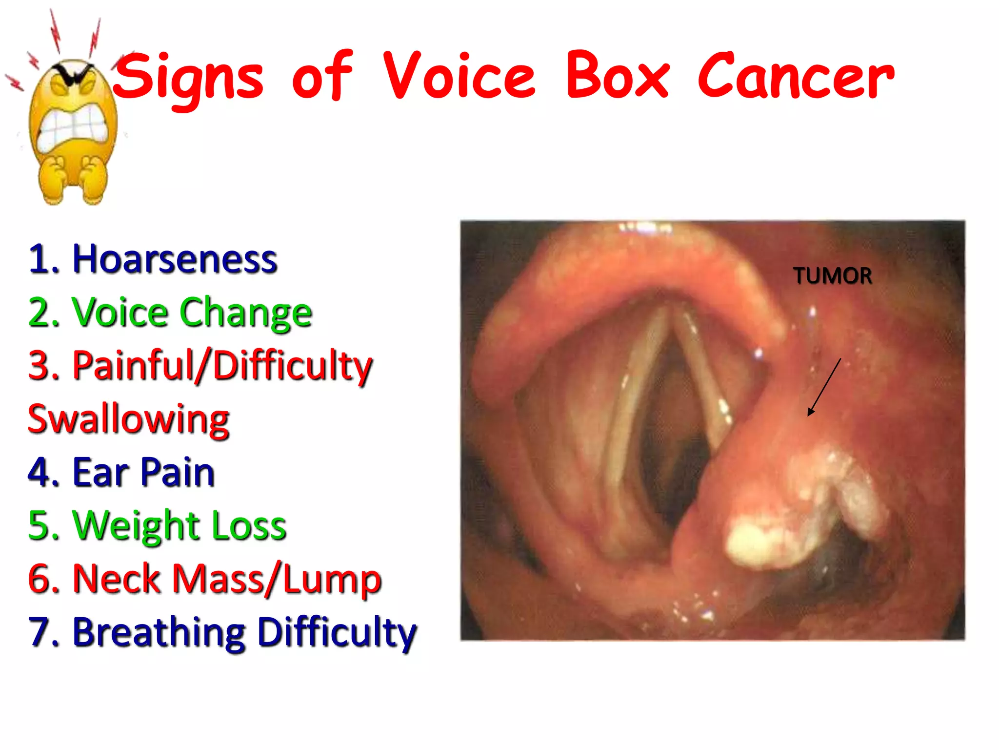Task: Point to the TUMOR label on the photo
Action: pyautogui.click(x=832, y=276)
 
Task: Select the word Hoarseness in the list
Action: pyautogui.click(x=175, y=259)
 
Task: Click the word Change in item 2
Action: pyautogui.click(x=246, y=312)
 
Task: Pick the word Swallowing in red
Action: pyautogui.click(x=129, y=419)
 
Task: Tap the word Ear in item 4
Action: pyautogui.click(x=100, y=472)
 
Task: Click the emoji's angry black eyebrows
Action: pyautogui.click(x=74, y=73)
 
